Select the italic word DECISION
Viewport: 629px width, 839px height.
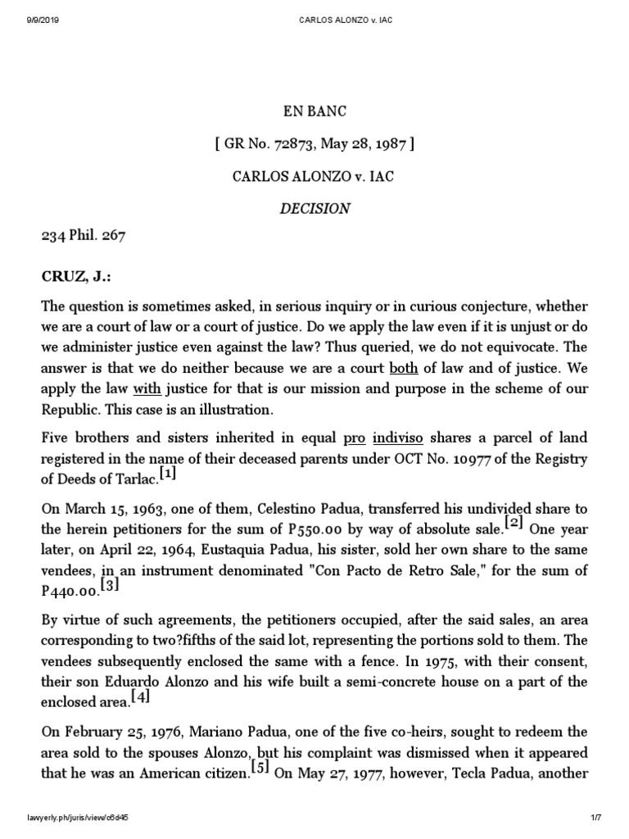pyautogui.click(x=314, y=208)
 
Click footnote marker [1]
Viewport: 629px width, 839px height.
pyautogui.click(x=167, y=474)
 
